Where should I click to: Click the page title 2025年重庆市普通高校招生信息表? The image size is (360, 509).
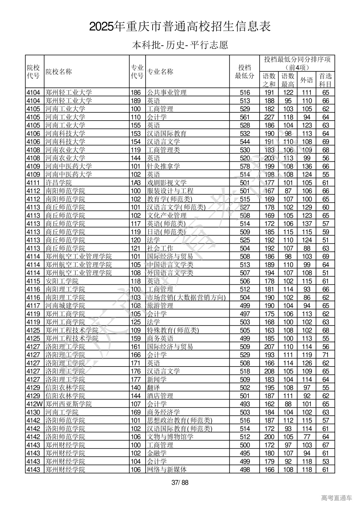180,27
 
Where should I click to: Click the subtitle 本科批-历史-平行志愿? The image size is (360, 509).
180,45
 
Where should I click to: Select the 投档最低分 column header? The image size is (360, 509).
244,72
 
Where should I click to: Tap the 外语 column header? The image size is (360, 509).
307,80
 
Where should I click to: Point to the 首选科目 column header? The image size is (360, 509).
325,80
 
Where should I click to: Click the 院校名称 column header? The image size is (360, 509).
59,72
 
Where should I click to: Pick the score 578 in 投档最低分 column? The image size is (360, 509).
245,166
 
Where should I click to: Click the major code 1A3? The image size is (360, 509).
136,183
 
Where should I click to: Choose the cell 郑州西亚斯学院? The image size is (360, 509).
69,404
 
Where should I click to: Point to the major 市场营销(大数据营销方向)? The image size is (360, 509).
186,297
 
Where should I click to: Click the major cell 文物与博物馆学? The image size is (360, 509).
170,437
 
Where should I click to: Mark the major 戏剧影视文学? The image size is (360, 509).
167,183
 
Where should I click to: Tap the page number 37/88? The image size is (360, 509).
180,483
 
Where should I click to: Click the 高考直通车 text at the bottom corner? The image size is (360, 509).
336,498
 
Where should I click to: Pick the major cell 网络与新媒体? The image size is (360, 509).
167,469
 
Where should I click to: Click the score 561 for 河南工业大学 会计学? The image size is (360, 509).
245,117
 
